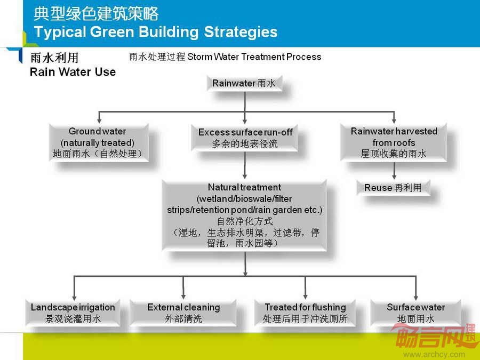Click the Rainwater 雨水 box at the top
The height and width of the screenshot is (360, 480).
244,83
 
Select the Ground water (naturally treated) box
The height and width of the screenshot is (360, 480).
99,142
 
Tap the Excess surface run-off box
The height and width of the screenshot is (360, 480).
245,138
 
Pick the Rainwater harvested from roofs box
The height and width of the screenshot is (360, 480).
394,142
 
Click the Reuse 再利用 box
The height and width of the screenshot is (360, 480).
394,187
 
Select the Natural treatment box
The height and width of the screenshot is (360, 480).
244,215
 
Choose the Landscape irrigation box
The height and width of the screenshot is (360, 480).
73,313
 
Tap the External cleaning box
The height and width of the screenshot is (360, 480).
183,313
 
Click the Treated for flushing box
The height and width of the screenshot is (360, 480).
305,313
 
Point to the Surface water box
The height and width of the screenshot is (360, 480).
415,313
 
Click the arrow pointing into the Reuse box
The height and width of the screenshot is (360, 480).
394,171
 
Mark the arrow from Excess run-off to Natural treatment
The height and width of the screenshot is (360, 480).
245,165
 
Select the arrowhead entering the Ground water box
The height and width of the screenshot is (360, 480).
99,121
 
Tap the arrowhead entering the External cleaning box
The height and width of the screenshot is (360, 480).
183,297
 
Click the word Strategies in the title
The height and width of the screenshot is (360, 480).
241,32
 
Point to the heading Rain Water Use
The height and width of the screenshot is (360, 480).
73,72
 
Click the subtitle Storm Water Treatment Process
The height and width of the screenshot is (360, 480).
254,57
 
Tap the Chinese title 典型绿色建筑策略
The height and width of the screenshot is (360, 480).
96,14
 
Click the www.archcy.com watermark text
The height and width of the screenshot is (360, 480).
434,355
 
